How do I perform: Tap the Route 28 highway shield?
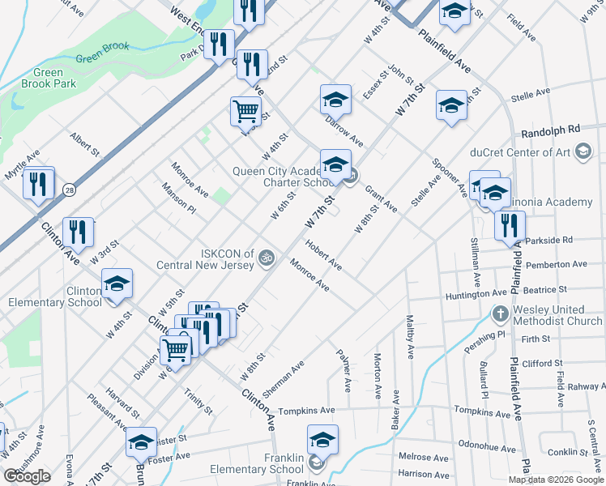70,190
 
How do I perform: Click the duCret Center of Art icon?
582,151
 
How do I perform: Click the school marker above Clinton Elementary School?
117,283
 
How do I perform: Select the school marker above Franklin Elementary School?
322,440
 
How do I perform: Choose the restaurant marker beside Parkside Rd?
510,226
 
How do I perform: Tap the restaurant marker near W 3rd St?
79,233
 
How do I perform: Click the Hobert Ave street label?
323,254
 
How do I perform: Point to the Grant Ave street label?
381,199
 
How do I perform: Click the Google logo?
28,476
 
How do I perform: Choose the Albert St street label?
84,145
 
